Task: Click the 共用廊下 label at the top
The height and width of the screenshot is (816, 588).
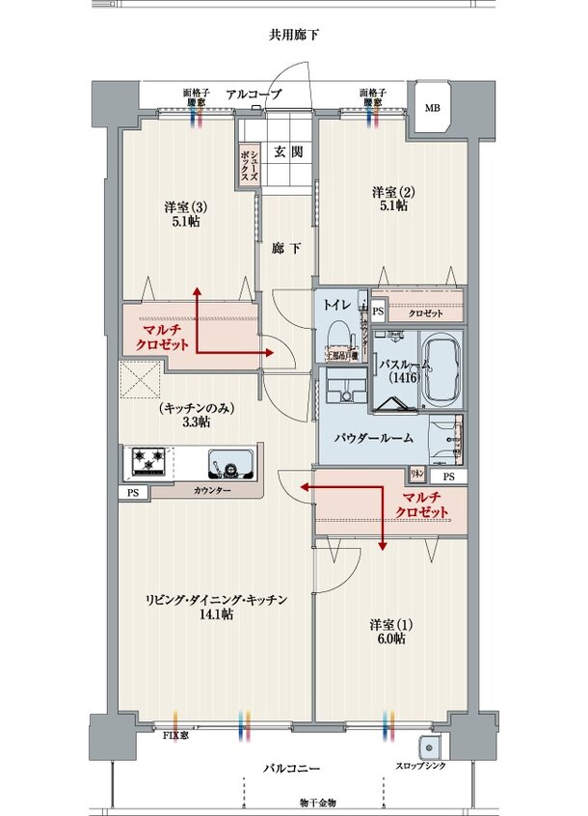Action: (x=294, y=36)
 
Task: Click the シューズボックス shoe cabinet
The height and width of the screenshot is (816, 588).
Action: (x=249, y=162)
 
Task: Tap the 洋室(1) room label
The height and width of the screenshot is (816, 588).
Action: (x=390, y=631)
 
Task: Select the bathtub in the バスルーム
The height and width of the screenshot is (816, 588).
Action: (x=441, y=370)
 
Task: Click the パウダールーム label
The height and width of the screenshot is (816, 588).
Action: (x=374, y=438)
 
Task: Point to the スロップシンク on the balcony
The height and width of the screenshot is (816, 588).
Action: (x=428, y=748)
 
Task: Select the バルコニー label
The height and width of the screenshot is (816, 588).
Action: (x=293, y=769)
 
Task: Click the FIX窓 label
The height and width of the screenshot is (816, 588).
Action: (x=175, y=736)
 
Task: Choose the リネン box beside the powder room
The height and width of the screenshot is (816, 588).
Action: (x=417, y=474)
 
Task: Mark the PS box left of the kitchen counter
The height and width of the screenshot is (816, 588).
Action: (x=130, y=492)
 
